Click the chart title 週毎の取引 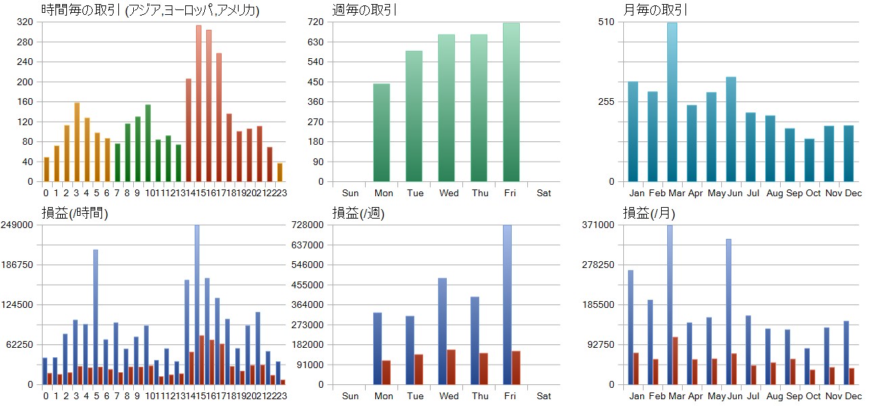[364, 10]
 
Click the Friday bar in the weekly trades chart [511, 102]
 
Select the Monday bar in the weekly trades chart [381, 133]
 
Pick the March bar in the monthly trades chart [672, 102]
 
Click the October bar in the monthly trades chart [809, 160]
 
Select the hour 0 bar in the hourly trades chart [47, 169]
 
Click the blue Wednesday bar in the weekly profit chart [442, 332]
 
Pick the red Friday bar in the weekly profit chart [516, 367]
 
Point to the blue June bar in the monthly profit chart [729, 311]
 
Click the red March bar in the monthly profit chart [675, 361]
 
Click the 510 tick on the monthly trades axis [606, 22]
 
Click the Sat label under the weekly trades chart [543, 193]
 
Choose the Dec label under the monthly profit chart [853, 396]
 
